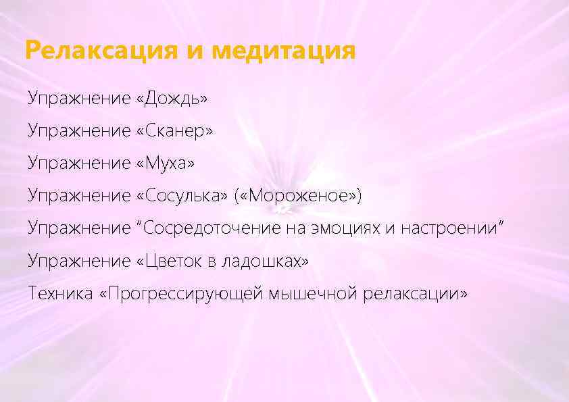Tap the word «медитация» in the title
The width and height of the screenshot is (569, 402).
[x=283, y=51]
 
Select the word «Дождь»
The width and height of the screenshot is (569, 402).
[x=172, y=99]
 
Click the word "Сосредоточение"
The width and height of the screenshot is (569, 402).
[x=212, y=228]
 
